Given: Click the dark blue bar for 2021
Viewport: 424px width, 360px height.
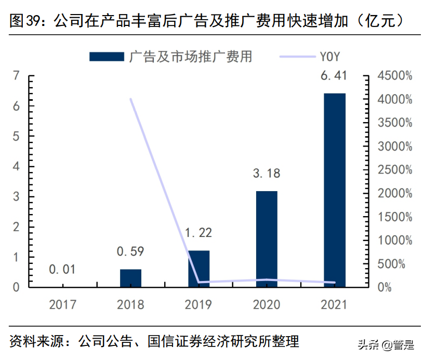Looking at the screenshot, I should pyautogui.click(x=334, y=190).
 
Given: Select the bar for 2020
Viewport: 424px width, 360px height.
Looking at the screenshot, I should pyautogui.click(x=267, y=238).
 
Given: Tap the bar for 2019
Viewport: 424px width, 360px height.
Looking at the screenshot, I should pyautogui.click(x=198, y=268).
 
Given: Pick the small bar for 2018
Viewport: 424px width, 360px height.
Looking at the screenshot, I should pyautogui.click(x=130, y=278).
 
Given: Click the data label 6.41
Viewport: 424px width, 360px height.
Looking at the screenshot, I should pyautogui.click(x=334, y=76).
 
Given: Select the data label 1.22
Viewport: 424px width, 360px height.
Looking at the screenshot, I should pyautogui.click(x=198, y=233).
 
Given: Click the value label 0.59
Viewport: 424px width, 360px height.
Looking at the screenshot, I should pyautogui.click(x=130, y=252).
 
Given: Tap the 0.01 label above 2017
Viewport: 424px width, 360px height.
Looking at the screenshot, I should pyautogui.click(x=62, y=270).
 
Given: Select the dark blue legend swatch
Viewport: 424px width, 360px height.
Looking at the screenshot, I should pyautogui.click(x=107, y=57).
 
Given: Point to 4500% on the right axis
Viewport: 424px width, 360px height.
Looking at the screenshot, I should pyautogui.click(x=394, y=76).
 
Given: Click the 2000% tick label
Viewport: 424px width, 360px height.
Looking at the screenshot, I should pyautogui.click(x=394, y=194).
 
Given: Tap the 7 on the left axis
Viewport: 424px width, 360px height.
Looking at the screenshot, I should pyautogui.click(x=16, y=76).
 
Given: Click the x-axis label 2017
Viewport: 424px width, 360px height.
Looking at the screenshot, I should pyautogui.click(x=62, y=305).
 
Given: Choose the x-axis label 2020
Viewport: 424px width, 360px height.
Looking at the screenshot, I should pyautogui.click(x=266, y=305).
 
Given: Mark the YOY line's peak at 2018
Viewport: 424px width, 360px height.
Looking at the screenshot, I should pyautogui.click(x=130, y=99).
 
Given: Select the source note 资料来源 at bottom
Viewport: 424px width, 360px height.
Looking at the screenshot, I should pyautogui.click(x=34, y=342).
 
